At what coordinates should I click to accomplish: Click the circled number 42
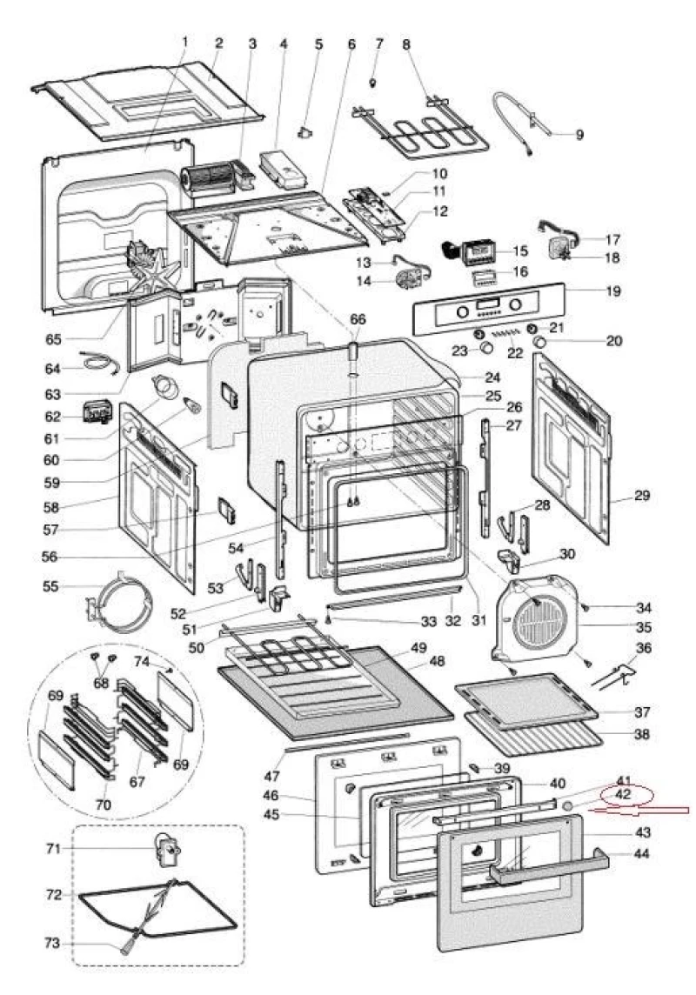tap(623, 795)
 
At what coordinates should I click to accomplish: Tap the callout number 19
tap(613, 290)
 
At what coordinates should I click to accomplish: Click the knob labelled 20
tap(540, 343)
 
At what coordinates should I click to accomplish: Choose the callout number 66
tap(358, 319)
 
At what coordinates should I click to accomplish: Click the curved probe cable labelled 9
tap(522, 122)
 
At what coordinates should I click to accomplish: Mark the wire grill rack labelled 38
tap(531, 738)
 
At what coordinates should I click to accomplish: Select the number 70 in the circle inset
tap(104, 805)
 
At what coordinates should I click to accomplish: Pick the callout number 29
tap(642, 496)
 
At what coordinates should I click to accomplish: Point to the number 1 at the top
tap(184, 41)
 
